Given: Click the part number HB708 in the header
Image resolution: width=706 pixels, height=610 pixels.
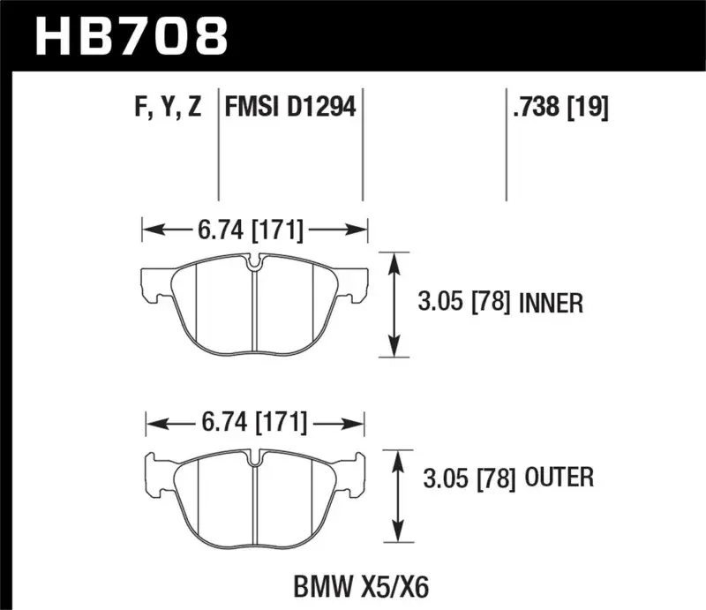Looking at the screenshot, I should [x=131, y=38].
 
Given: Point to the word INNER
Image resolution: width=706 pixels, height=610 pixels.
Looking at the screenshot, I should [x=551, y=305].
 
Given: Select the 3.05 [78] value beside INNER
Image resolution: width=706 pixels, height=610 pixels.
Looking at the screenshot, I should [x=462, y=305].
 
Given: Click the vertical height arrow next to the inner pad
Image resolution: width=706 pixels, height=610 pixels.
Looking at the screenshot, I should [x=394, y=305].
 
